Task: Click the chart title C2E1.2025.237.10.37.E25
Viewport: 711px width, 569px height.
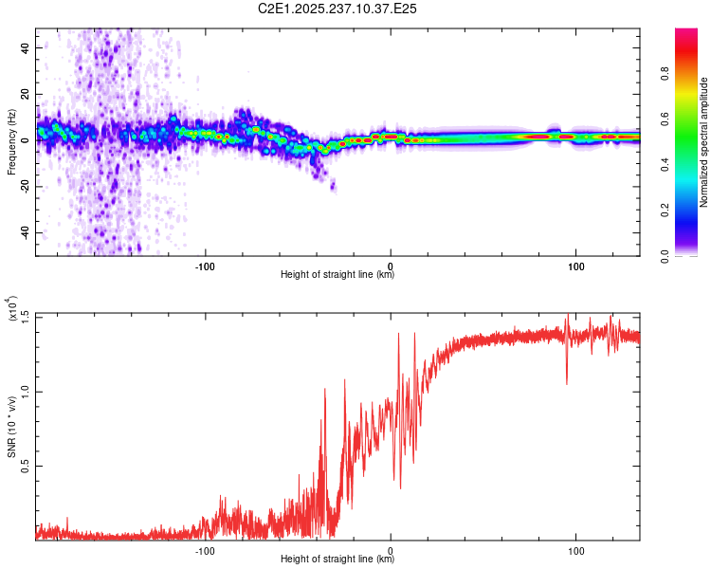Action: click(x=337, y=9)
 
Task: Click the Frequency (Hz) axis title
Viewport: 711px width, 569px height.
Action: click(x=11, y=142)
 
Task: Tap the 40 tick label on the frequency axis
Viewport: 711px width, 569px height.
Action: click(x=25, y=47)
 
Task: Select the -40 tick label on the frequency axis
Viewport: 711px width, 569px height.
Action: click(x=25, y=232)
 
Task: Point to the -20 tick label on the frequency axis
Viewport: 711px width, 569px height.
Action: click(x=25, y=186)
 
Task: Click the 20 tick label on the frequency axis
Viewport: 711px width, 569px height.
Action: click(x=25, y=94)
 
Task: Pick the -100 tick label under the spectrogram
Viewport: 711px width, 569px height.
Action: click(x=205, y=266)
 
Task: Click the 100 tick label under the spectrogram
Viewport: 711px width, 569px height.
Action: click(x=575, y=266)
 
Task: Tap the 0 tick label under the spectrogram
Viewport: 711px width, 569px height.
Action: click(x=391, y=266)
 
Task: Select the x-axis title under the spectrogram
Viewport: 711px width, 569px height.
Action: click(x=337, y=274)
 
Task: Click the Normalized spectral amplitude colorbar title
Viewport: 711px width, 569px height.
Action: click(x=703, y=142)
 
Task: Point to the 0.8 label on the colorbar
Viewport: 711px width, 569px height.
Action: click(x=665, y=73)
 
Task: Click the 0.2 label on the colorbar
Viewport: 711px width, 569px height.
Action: click(x=665, y=211)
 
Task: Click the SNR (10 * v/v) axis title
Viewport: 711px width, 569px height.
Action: click(x=11, y=427)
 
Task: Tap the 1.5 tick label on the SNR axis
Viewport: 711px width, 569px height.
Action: click(x=25, y=315)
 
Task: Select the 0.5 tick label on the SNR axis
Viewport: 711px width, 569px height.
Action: click(x=25, y=466)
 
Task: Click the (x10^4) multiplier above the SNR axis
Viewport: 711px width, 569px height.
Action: click(x=11, y=308)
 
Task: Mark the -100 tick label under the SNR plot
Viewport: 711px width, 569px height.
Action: click(x=205, y=551)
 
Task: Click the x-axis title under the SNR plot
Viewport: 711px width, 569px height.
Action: click(x=337, y=559)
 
